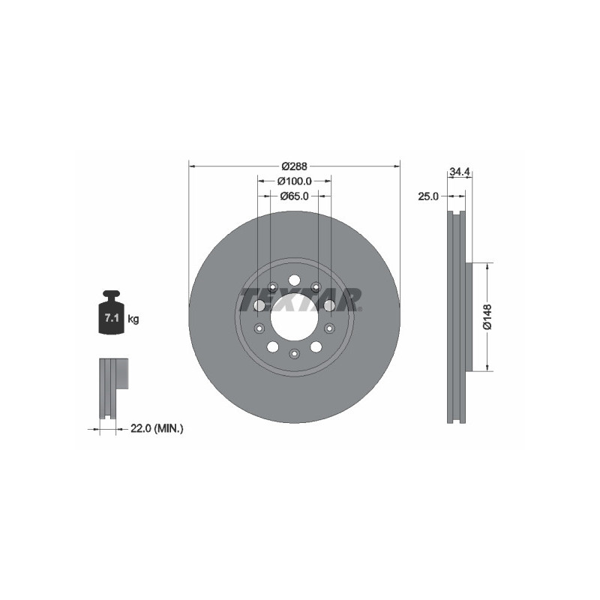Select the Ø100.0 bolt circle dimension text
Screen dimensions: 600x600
[x=295, y=181]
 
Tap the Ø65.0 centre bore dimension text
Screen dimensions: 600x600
[x=295, y=196]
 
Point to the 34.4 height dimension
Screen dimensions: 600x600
[x=458, y=172]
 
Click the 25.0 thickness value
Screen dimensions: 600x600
[x=427, y=196]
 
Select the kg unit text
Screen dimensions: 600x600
[x=133, y=319]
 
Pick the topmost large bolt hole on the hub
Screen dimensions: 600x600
[x=294, y=280]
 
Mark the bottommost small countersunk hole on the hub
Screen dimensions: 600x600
[x=294, y=352]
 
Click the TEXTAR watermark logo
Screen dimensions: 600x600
[x=300, y=298]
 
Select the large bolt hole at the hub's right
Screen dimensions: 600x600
[x=328, y=305]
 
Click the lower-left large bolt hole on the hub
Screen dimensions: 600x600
[x=272, y=346]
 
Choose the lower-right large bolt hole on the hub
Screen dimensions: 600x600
[x=316, y=346]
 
